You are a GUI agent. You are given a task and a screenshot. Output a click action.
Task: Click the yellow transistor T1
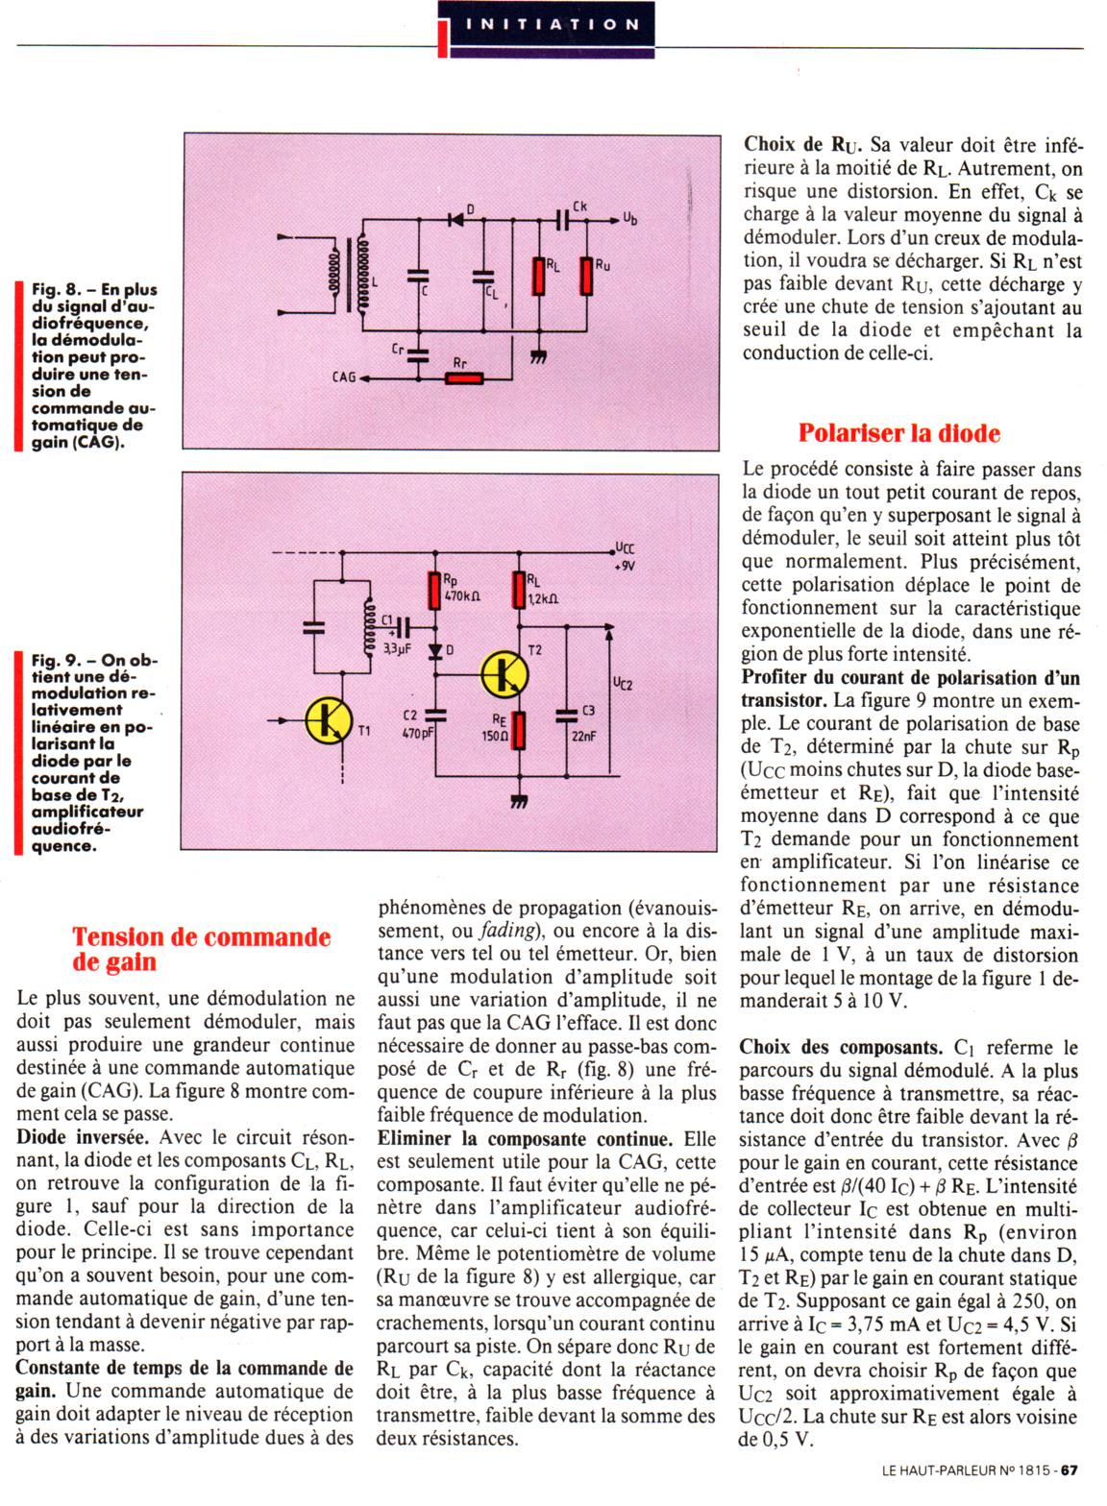pyautogui.click(x=329, y=720)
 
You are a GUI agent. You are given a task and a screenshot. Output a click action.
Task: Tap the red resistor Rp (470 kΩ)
pyautogui.click(x=435, y=591)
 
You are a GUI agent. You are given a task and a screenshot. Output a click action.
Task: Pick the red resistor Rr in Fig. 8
pyautogui.click(x=464, y=377)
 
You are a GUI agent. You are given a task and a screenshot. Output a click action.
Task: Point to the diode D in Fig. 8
pyautogui.click(x=456, y=219)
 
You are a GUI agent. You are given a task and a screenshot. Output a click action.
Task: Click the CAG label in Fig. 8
pyautogui.click(x=344, y=378)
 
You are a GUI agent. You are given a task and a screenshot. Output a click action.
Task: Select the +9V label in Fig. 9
pyautogui.click(x=624, y=567)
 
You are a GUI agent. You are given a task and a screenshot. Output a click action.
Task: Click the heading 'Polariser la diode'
pyautogui.click(x=898, y=433)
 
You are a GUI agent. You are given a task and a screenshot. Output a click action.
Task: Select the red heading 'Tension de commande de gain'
pyautogui.click(x=201, y=948)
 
